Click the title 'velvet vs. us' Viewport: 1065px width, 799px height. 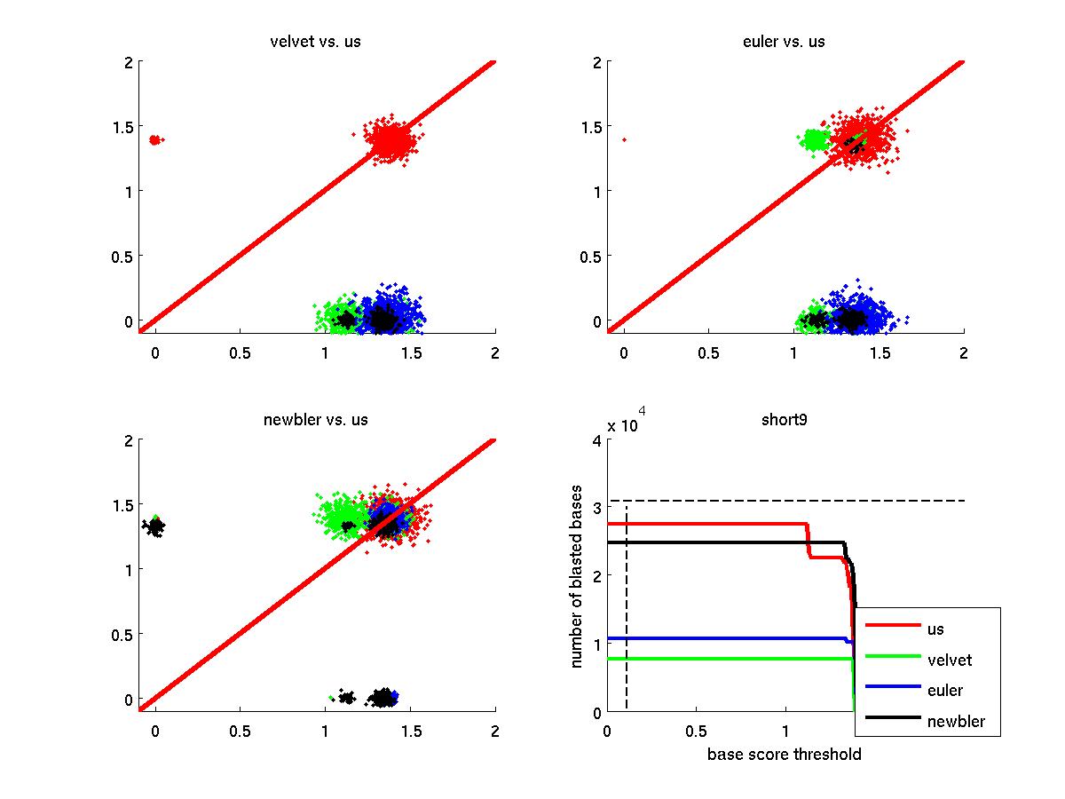pos(315,42)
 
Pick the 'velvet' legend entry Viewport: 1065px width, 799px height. pos(949,660)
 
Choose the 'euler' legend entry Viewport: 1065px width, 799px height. pos(944,690)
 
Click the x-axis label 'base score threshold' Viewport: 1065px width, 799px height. pos(784,755)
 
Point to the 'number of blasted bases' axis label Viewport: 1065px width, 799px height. pos(577,577)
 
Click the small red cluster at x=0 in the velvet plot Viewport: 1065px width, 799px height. pos(155,139)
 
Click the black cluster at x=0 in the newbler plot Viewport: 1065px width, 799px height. pos(155,527)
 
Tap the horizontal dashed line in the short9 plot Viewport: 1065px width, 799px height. pos(799,501)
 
